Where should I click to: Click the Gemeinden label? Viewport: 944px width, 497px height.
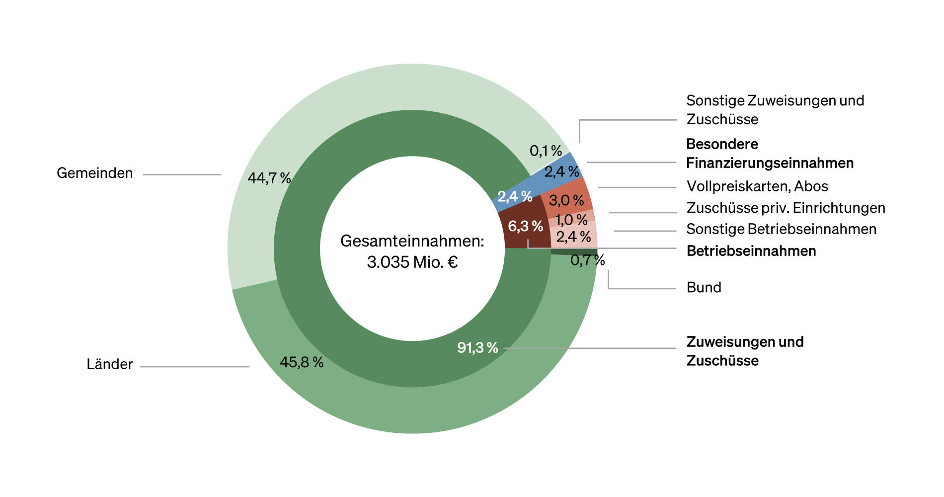94,173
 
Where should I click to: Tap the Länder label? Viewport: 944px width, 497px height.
109,364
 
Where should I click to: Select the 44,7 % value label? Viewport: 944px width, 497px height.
269,178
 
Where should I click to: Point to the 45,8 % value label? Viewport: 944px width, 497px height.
301,362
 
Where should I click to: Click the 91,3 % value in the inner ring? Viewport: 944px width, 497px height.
477,347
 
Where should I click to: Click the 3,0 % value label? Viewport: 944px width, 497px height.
566,201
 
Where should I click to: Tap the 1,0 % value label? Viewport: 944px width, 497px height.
571,220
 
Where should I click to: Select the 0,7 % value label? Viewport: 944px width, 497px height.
587,260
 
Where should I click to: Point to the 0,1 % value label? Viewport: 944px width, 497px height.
546,151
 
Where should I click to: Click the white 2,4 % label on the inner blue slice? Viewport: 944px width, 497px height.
515,196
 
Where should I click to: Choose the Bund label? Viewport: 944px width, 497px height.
704,287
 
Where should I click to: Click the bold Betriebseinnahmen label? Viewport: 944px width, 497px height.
751,251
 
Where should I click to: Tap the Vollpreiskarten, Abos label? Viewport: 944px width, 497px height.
757,186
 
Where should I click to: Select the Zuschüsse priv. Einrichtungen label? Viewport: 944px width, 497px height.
786,208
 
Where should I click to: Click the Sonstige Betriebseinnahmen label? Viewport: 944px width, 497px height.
781,229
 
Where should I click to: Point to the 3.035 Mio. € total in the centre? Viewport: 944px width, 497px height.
412,262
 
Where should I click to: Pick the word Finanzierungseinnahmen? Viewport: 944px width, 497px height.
770,163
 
